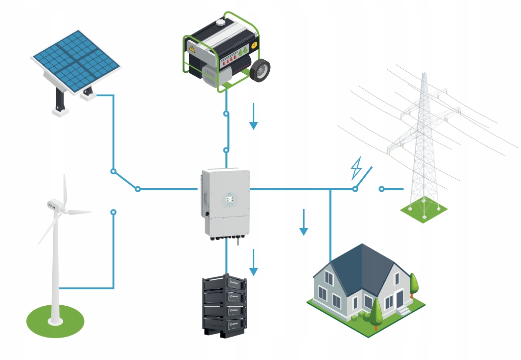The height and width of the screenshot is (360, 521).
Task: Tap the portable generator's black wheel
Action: tap(260, 70)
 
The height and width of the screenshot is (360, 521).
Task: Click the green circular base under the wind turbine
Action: tap(55, 321)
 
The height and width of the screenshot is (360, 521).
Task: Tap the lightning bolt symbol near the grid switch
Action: tap(356, 168)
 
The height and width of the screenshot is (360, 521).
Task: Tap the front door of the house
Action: tap(399, 300)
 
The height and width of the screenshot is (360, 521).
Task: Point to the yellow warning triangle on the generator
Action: tap(191, 48)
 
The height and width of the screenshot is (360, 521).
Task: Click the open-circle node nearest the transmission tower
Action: tap(382, 189)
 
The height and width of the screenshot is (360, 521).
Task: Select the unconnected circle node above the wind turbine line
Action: tap(113, 212)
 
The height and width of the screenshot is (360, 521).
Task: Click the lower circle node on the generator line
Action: tap(226, 149)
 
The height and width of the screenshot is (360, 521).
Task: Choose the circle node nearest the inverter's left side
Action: tap(138, 189)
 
